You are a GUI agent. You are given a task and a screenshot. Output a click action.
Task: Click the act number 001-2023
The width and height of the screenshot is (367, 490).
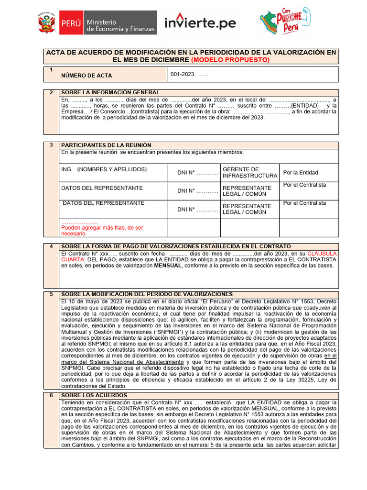(x=189, y=75)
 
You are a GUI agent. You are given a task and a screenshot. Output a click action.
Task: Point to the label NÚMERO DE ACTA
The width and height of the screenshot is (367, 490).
(x=86, y=75)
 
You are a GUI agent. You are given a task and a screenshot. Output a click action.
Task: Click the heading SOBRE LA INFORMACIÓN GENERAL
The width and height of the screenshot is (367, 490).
(x=110, y=92)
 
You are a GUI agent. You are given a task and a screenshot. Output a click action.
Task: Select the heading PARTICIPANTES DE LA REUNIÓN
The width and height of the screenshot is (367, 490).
(x=106, y=145)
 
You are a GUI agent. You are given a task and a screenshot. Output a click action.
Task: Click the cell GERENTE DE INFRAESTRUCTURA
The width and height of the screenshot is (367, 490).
(x=249, y=173)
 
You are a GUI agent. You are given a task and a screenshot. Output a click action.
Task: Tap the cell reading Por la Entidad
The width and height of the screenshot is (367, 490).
(x=301, y=172)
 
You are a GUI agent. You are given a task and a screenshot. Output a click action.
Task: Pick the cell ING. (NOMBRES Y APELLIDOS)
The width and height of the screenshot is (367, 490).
(x=104, y=169)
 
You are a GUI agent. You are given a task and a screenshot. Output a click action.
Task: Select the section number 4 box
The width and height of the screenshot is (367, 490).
(x=51, y=246)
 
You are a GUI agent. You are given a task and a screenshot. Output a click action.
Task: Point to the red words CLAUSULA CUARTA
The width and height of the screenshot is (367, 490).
(x=321, y=253)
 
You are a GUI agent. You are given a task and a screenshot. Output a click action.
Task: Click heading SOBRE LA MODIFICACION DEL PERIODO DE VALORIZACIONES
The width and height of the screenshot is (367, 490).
(x=147, y=294)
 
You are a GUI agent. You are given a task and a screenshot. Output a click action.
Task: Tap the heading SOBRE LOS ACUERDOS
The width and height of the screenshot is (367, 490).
(x=94, y=395)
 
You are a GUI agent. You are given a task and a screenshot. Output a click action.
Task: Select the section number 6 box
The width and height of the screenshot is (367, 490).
(x=51, y=395)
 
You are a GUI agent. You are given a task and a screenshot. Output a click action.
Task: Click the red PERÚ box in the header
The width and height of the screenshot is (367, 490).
(x=71, y=22)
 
